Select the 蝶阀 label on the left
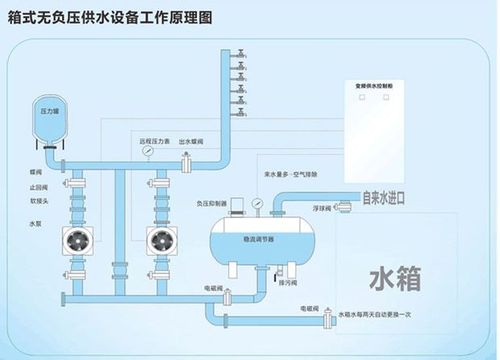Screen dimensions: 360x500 37,171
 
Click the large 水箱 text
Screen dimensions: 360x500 398,274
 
